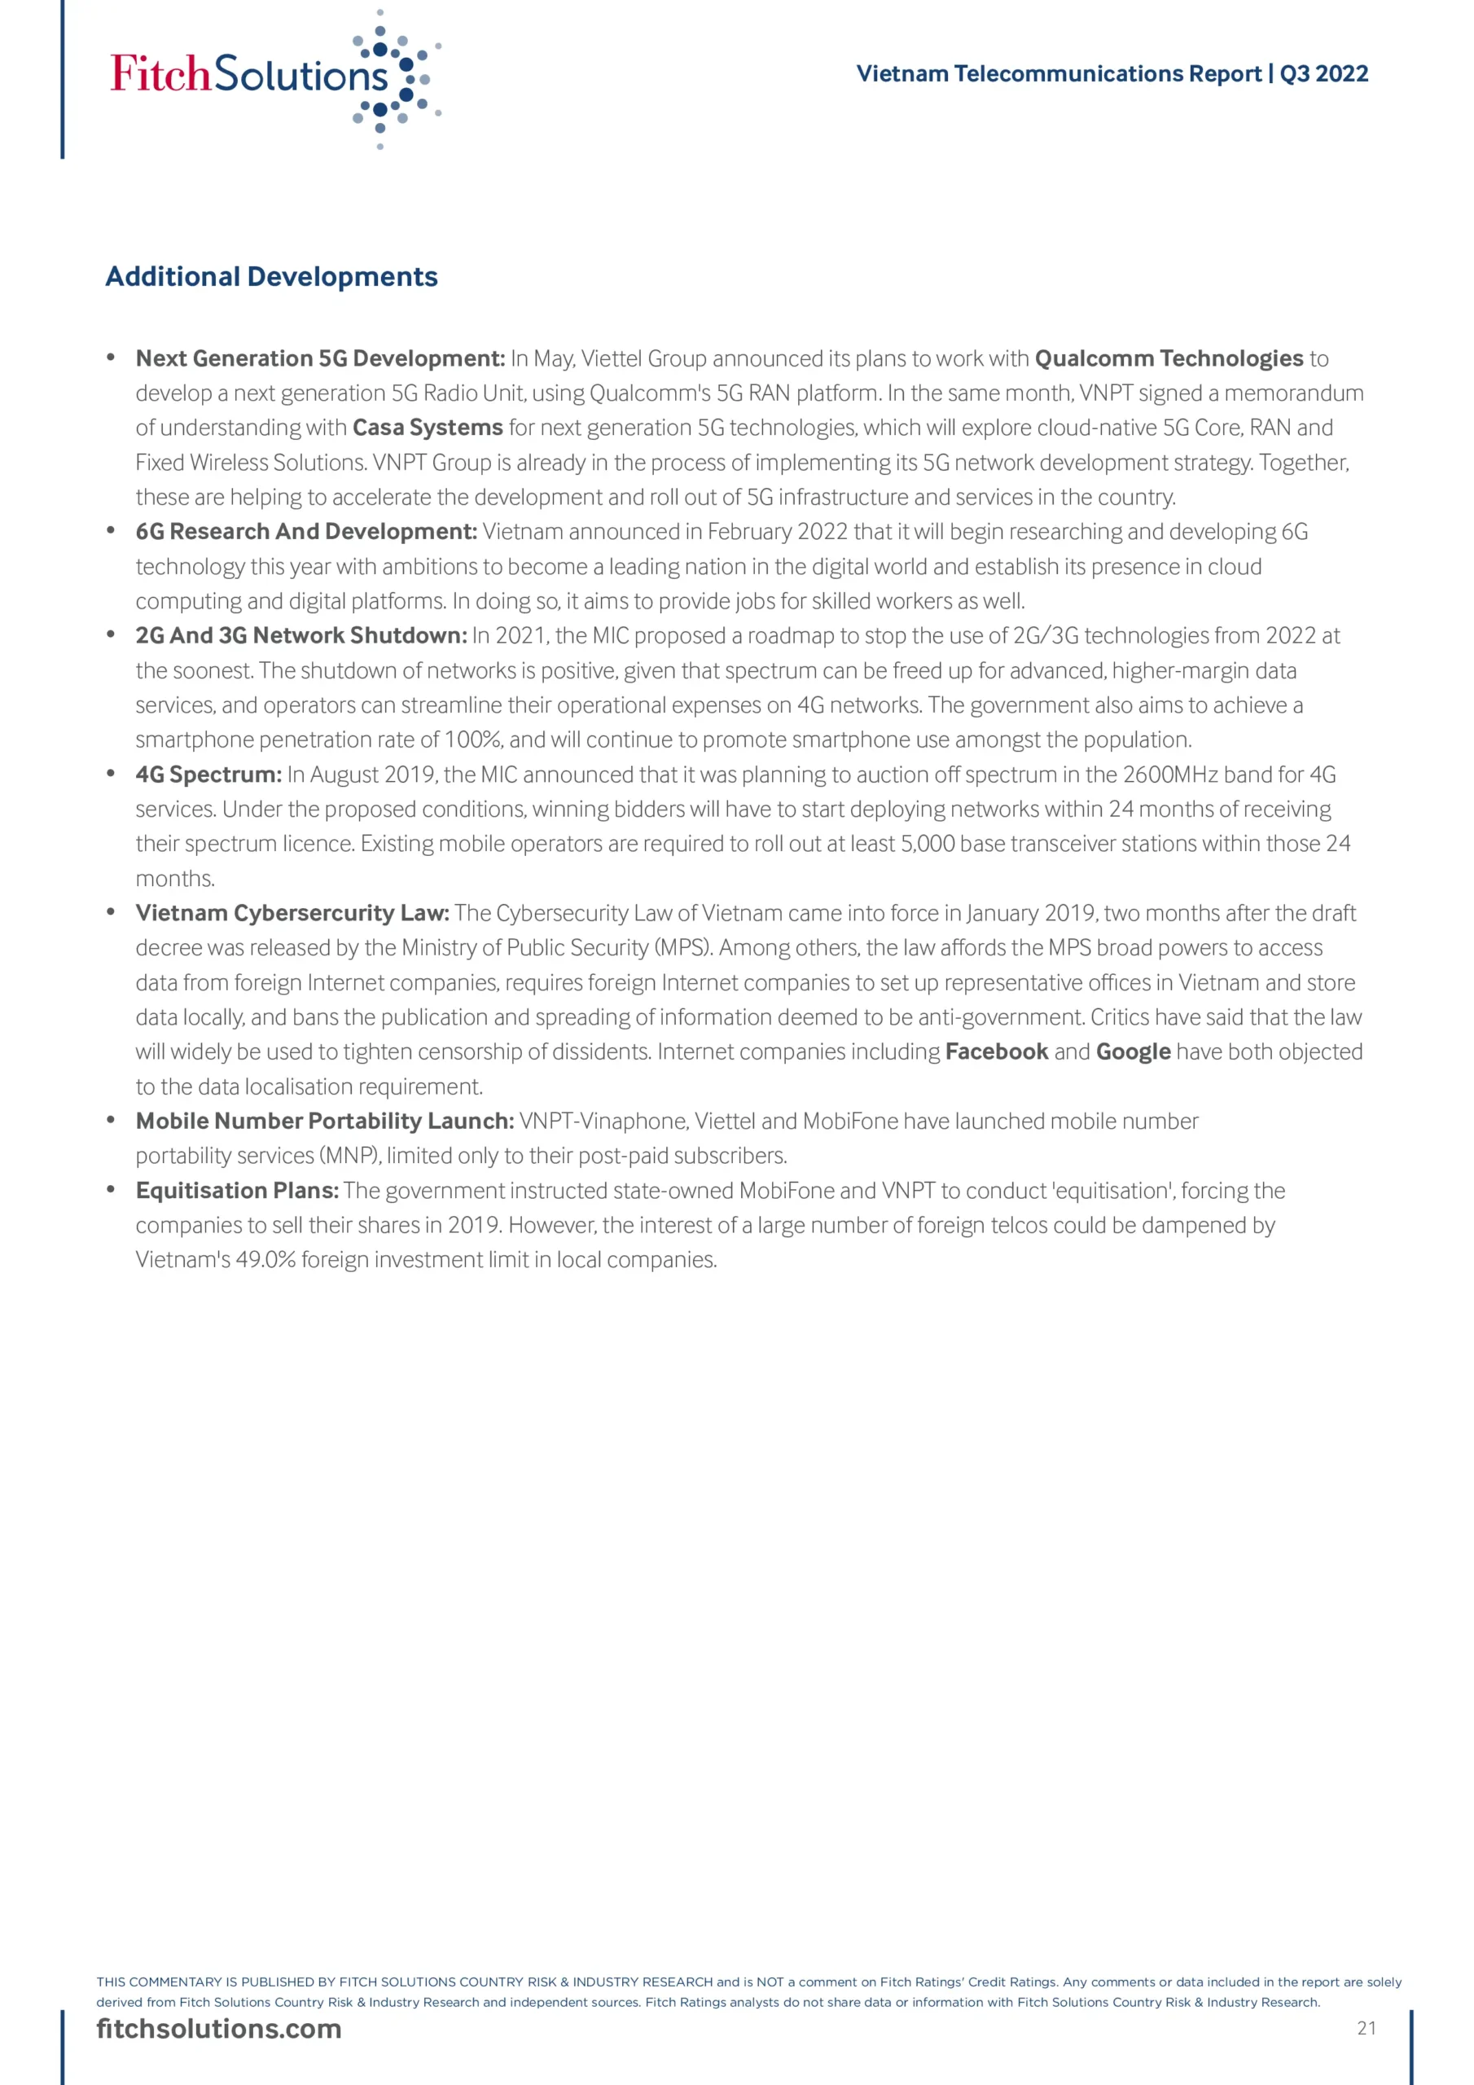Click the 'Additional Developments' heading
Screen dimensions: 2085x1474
coord(271,276)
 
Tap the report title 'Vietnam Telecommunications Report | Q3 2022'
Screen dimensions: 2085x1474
coord(1112,73)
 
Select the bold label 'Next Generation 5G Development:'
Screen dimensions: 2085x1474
coord(320,358)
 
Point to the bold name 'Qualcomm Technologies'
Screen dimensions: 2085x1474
coord(1169,358)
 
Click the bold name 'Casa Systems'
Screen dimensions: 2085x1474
coord(427,428)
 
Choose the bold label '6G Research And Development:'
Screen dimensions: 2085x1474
coord(306,531)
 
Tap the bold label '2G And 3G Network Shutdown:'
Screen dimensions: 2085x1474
coord(301,635)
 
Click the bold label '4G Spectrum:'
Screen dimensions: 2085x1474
coord(209,775)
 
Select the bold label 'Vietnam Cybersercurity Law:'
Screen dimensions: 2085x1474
coord(292,913)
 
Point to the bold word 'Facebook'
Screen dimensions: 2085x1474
coord(996,1051)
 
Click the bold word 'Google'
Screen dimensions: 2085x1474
coord(1133,1051)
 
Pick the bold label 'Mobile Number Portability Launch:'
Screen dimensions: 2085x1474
coord(325,1121)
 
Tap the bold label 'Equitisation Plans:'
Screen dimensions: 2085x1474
coord(237,1191)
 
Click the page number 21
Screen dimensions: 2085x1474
coord(1366,2029)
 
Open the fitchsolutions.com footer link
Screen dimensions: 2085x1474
coord(219,2030)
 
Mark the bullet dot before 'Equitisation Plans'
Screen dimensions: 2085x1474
coord(111,1190)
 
